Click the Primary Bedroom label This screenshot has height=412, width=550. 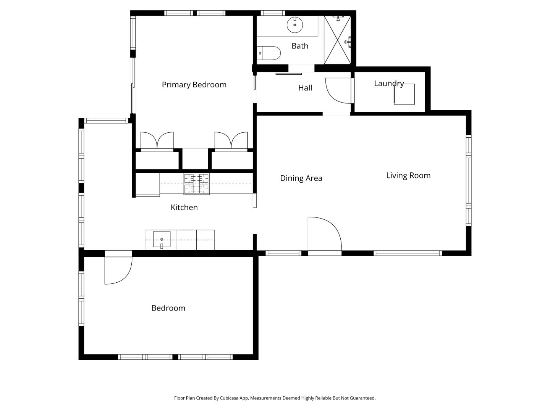pos(194,85)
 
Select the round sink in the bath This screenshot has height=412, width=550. pos(294,25)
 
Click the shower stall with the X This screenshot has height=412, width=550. pos(337,40)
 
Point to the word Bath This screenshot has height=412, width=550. pos(300,46)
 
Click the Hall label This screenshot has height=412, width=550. pos(305,88)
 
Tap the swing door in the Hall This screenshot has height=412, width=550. pos(338,90)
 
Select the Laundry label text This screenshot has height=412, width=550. pos(389,83)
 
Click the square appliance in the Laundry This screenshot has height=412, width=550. pos(404,94)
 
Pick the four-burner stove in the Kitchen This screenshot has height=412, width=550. pos(196,183)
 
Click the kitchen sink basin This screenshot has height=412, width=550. pos(162,240)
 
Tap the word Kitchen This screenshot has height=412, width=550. pos(184,208)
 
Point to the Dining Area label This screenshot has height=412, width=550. pos(301,178)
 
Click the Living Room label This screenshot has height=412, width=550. pos(408,175)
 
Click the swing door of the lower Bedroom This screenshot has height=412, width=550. pos(118,270)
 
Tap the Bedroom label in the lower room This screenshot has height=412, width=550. pos(168,308)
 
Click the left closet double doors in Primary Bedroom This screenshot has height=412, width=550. pos(157,141)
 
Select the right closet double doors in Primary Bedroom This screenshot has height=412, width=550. pos(231,141)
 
